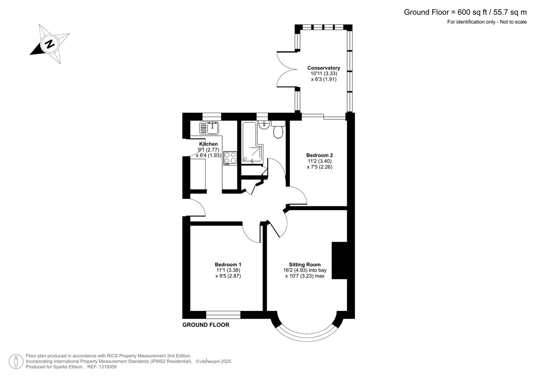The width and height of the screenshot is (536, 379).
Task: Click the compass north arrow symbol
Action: (49, 44)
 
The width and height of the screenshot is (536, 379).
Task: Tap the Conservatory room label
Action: (323, 68)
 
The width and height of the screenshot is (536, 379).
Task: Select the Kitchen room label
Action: (209, 144)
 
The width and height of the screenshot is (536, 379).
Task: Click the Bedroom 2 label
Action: (319, 155)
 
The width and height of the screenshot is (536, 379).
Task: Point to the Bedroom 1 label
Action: (228, 265)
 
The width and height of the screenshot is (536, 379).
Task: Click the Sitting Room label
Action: (304, 265)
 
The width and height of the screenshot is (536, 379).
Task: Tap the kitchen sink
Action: (210, 128)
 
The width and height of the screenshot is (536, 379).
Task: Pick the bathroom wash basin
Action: (263, 125)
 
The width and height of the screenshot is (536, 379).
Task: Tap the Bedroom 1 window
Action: (223, 314)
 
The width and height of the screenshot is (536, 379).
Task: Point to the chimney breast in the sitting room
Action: (339, 260)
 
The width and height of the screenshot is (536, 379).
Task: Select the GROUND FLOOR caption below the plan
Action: (206, 325)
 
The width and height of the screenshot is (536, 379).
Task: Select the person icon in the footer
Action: (16, 361)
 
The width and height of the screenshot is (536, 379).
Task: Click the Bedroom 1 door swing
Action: (251, 234)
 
